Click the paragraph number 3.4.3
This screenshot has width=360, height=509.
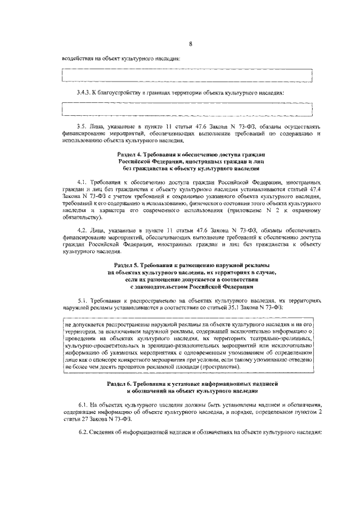point(85,92)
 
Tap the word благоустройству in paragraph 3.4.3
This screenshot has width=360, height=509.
point(124,92)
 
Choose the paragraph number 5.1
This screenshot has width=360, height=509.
point(83,301)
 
